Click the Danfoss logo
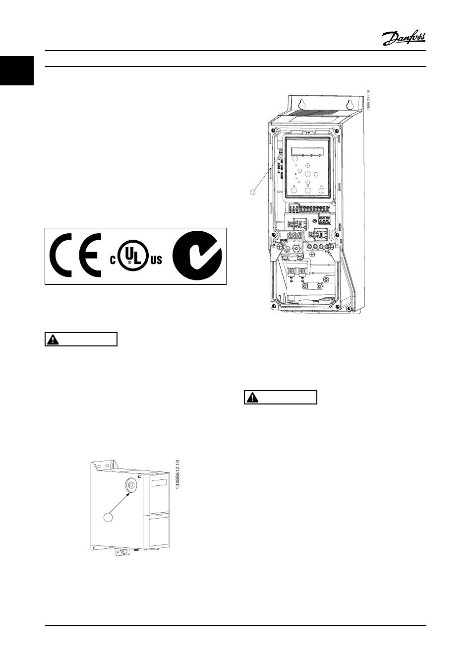(x=404, y=37)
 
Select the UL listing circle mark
(x=131, y=256)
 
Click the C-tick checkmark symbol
(x=196, y=256)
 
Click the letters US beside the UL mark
(x=156, y=260)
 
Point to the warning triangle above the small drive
(x=52, y=339)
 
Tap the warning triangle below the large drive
(x=252, y=398)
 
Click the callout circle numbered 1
(x=252, y=192)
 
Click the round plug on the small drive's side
(x=131, y=485)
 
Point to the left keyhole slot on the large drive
(x=301, y=105)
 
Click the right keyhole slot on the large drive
(x=349, y=105)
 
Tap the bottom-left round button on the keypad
(x=294, y=190)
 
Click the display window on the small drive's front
(x=159, y=482)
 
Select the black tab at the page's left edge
(x=17, y=71)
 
